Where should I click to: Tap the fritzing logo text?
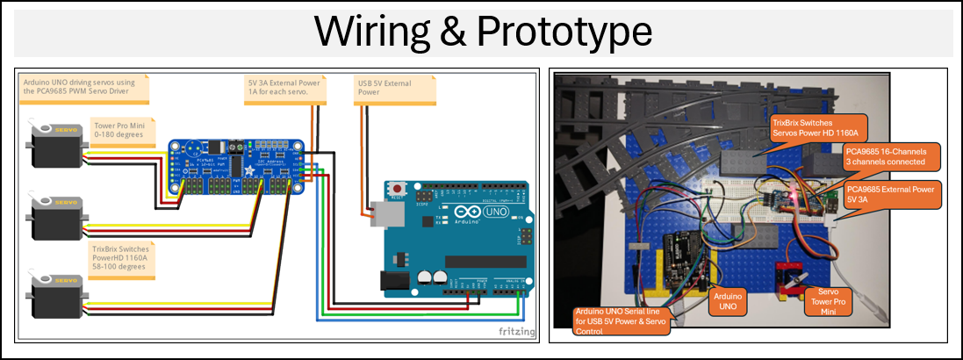point(517,331)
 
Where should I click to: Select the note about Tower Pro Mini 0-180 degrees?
point(123,132)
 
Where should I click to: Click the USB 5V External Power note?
point(384,86)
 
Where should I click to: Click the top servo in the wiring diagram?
point(58,146)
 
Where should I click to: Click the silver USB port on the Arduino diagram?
point(380,212)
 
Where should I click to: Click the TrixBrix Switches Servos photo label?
point(816,126)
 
